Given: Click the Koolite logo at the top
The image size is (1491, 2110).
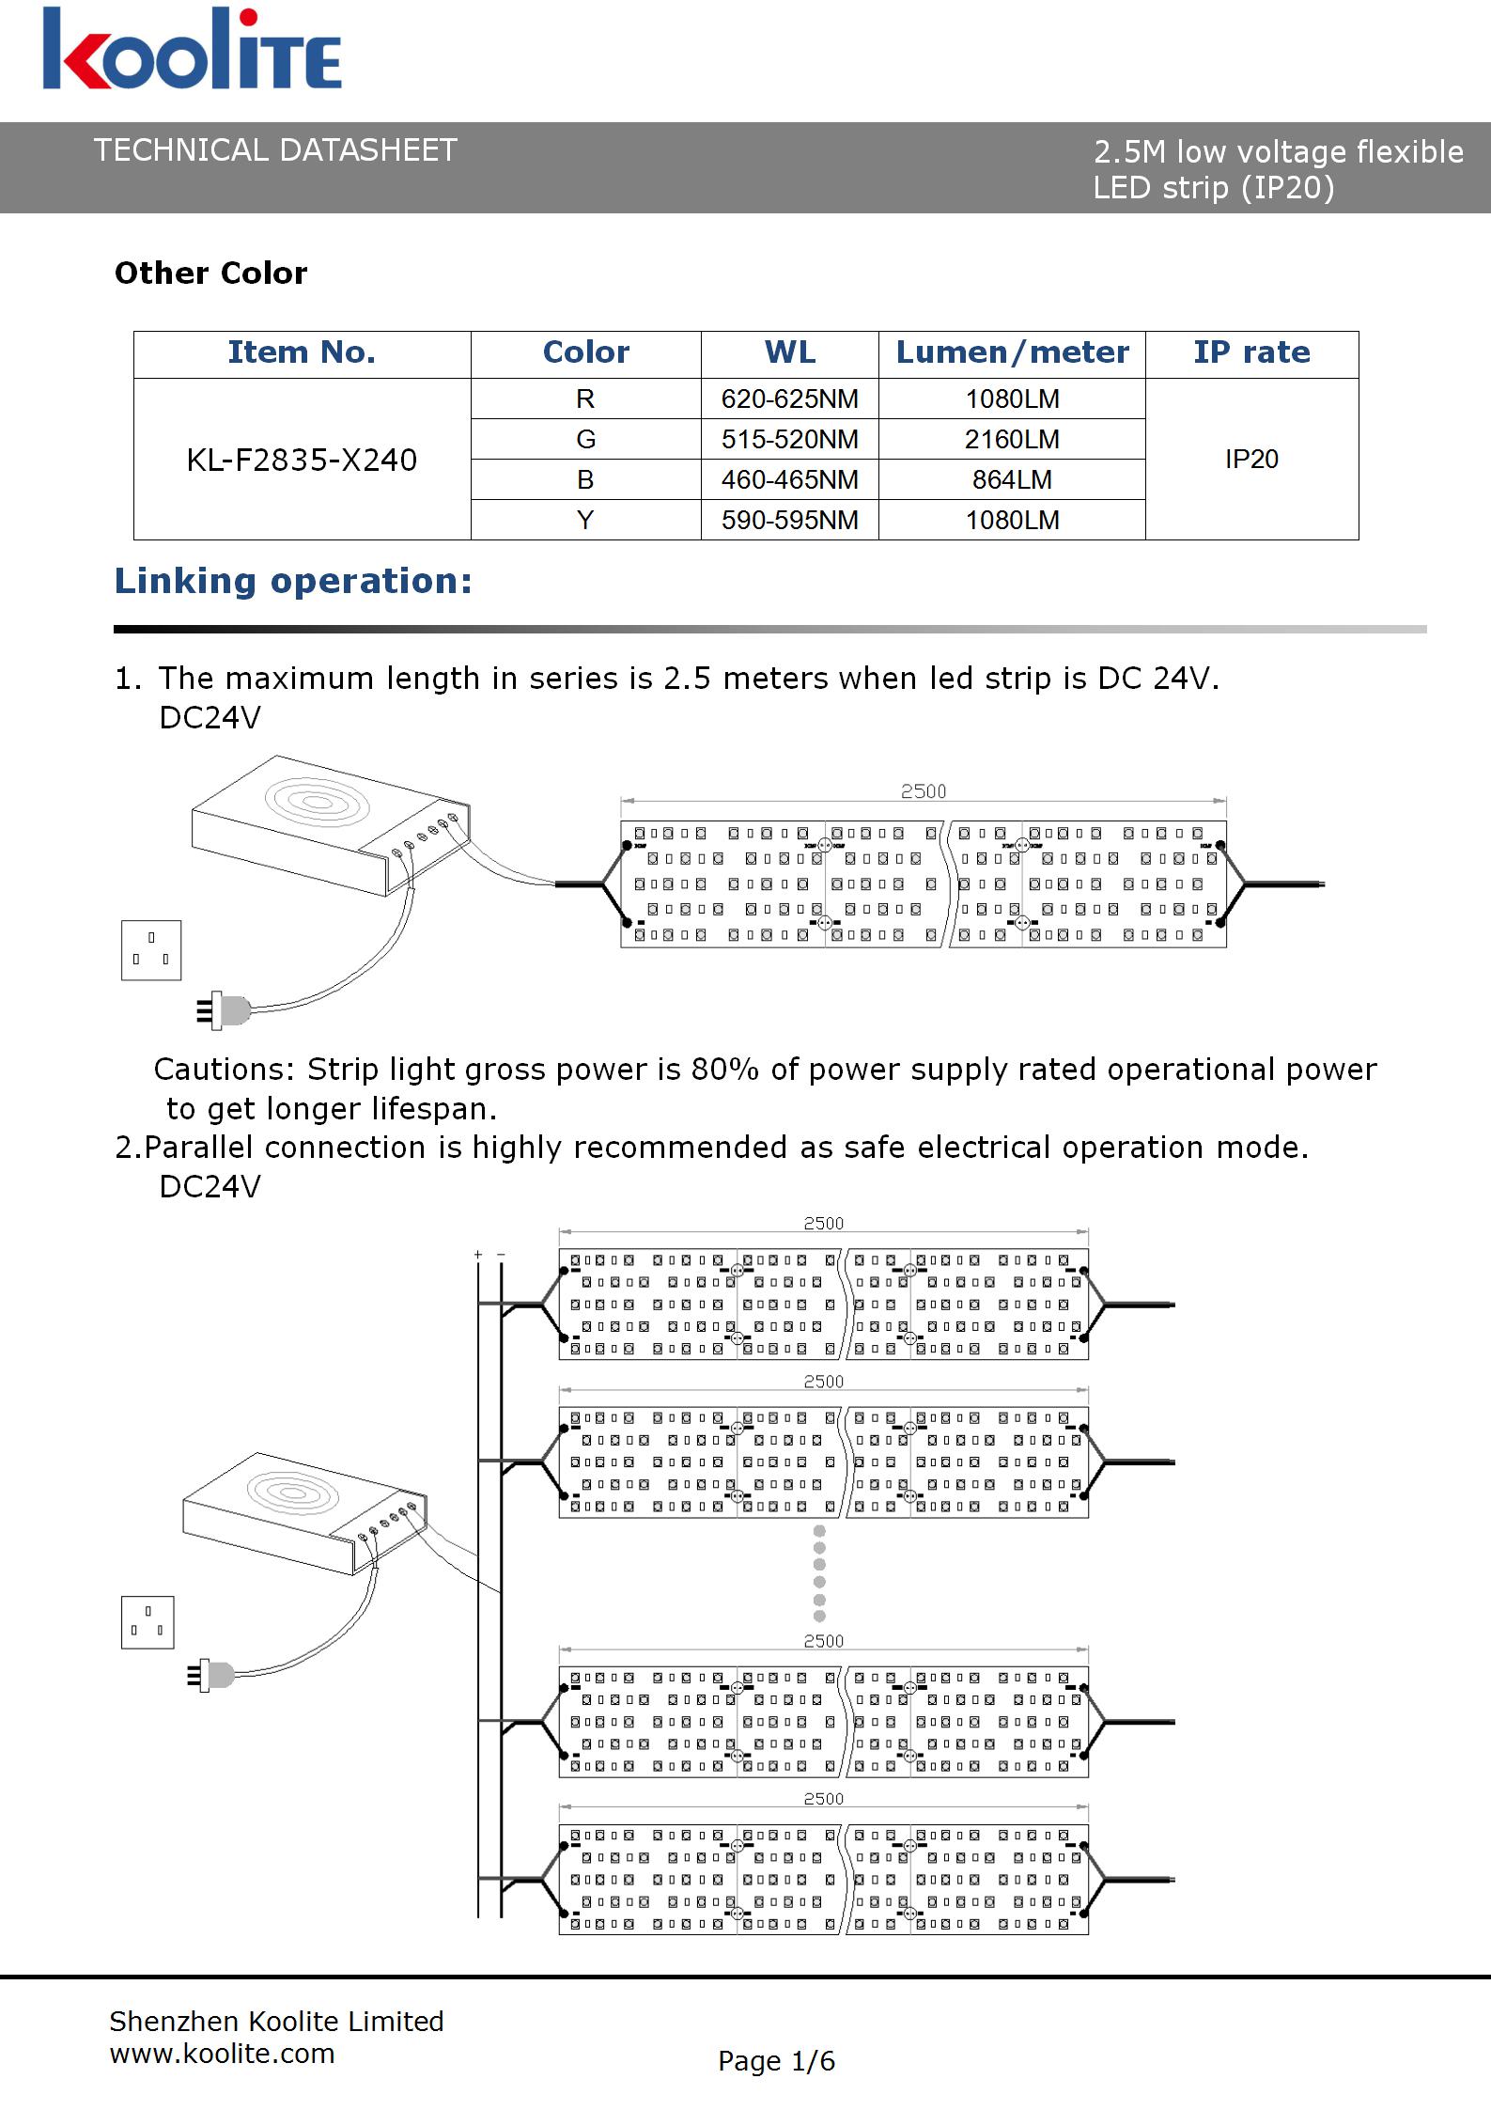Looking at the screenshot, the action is pyautogui.click(x=192, y=49).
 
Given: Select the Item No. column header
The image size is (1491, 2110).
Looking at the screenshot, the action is pyautogui.click(x=302, y=352).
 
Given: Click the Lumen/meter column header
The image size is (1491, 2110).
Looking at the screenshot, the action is pyautogui.click(x=1012, y=352).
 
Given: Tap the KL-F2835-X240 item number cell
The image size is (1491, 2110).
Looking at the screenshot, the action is pyautogui.click(x=302, y=460).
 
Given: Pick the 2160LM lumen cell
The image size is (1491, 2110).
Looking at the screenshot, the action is pyautogui.click(x=1012, y=439).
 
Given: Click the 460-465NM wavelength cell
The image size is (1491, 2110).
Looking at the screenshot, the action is pyautogui.click(x=789, y=479).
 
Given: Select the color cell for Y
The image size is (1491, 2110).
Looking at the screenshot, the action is pyautogui.click(x=585, y=520).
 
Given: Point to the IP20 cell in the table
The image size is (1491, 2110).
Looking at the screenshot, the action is pyautogui.click(x=1251, y=459).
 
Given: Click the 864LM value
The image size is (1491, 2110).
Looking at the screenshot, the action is pyautogui.click(x=1012, y=479).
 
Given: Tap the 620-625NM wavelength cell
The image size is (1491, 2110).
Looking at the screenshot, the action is pyautogui.click(x=789, y=399).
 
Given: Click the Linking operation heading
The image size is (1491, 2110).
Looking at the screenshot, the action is pyautogui.click(x=293, y=581).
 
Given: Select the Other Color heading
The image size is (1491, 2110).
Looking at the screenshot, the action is pyautogui.click(x=210, y=273).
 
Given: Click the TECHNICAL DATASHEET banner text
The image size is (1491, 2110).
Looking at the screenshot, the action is pyautogui.click(x=275, y=150).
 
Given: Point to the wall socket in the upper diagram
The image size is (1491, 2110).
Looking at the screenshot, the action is pyautogui.click(x=151, y=950).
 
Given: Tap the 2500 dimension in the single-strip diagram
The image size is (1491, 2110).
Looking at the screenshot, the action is pyautogui.click(x=924, y=791).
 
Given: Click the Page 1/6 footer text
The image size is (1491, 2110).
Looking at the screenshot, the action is pyautogui.click(x=776, y=2061).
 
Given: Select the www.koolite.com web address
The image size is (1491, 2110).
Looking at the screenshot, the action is pyautogui.click(x=222, y=2054).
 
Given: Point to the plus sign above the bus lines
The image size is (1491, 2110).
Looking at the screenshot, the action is pyautogui.click(x=478, y=1255).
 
